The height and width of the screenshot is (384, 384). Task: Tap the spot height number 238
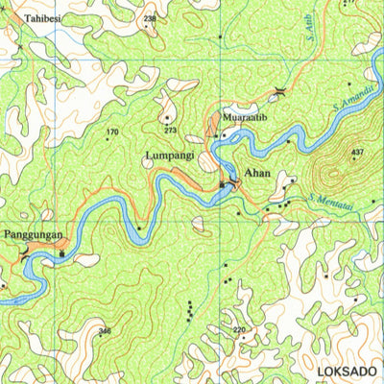point(149,18)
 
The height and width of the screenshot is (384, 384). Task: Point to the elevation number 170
point(112,132)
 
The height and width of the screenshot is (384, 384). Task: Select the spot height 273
point(170,130)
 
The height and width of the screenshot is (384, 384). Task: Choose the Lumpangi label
point(169,154)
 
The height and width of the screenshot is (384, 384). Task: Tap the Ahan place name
point(258,174)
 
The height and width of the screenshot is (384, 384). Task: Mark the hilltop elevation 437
point(357,153)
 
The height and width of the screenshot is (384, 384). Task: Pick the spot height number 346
point(105,331)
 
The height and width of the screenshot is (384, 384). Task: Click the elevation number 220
point(239,330)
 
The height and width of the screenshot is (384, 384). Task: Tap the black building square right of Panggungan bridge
point(61,253)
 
